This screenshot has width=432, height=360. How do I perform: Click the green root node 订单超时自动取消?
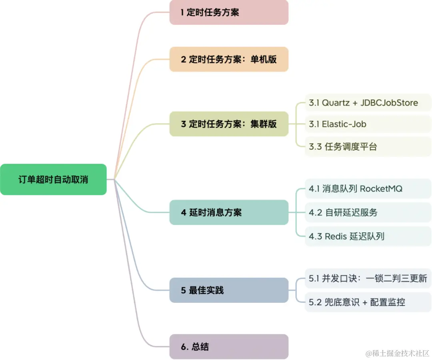pos(53,180)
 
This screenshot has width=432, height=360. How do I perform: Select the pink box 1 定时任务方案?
pos(229,12)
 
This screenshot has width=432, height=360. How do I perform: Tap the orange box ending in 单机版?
pos(229,59)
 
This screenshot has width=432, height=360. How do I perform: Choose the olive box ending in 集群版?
pos(229,124)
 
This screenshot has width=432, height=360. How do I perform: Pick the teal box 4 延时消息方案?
pos(229,212)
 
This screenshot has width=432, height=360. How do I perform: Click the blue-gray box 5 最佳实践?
pos(229,290)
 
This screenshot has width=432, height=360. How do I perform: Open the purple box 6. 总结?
pos(229,346)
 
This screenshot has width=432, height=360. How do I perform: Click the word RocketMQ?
pos(381,189)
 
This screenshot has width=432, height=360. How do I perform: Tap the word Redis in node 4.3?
pos(336,236)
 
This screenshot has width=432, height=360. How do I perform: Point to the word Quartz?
pos(336,103)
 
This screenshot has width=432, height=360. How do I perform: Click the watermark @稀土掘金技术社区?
pos(397,353)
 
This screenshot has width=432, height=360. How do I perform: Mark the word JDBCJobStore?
pos(389,103)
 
